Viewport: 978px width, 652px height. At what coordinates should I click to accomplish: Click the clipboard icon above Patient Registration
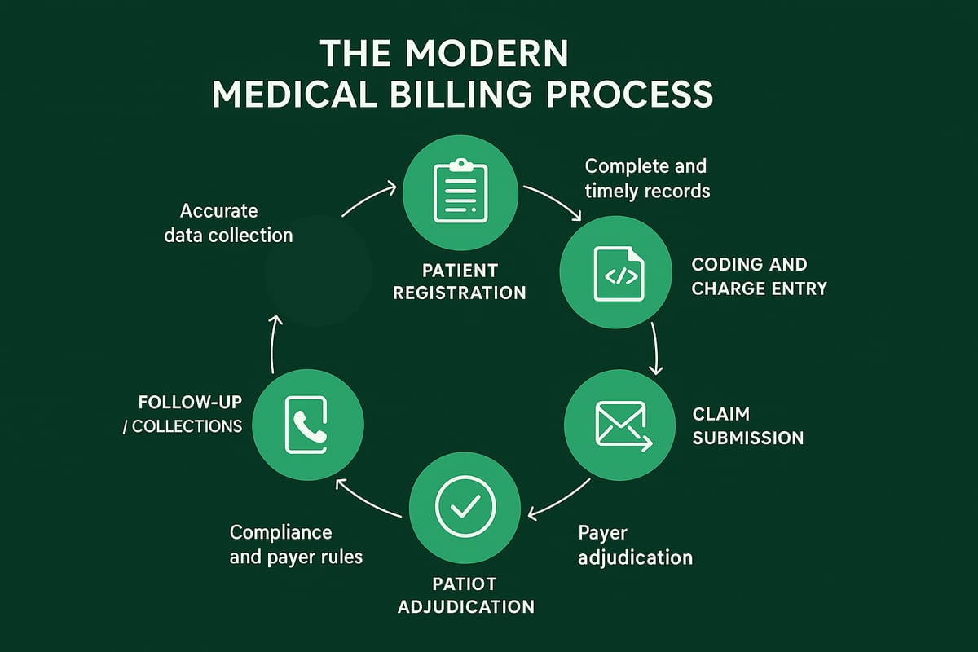[460, 191]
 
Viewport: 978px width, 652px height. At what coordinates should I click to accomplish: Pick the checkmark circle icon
[465, 506]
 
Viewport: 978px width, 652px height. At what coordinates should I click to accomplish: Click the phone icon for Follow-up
[307, 425]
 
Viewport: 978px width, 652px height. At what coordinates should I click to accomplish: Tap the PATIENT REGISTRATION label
[460, 281]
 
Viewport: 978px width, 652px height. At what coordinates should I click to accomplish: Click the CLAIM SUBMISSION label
[747, 426]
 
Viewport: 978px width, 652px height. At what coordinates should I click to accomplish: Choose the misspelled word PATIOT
[465, 584]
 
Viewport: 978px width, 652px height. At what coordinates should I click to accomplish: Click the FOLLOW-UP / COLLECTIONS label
[191, 414]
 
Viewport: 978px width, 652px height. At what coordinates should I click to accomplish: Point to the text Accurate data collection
[227, 223]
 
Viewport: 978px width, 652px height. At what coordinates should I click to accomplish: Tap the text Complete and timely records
[647, 178]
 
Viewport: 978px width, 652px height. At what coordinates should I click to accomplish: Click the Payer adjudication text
[635, 545]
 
